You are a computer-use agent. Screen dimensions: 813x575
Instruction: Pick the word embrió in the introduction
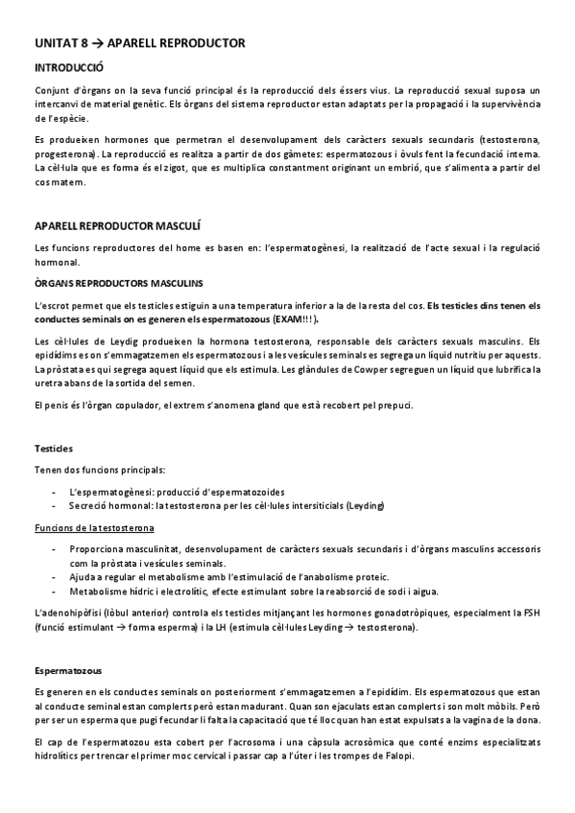(x=426, y=168)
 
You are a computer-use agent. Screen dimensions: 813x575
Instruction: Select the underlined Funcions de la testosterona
(x=94, y=528)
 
